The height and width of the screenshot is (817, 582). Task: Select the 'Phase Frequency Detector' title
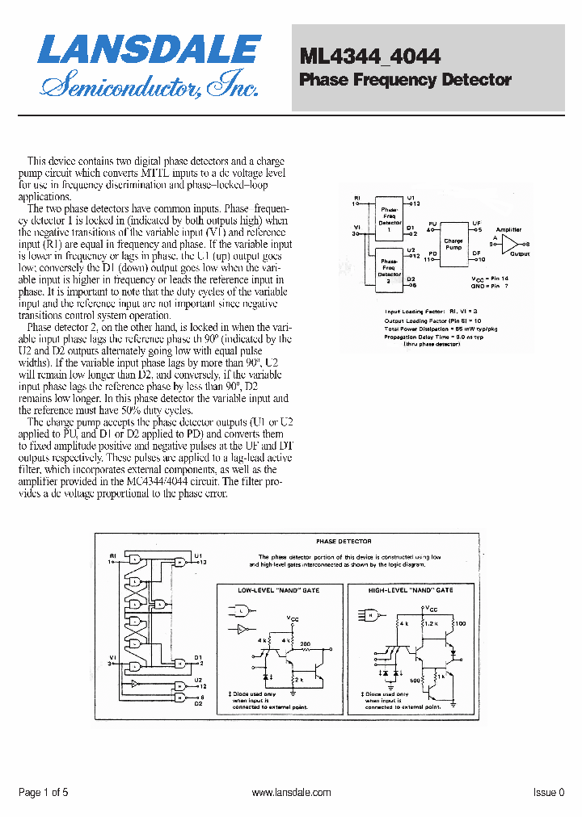click(405, 80)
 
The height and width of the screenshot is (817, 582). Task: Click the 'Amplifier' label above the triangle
click(509, 230)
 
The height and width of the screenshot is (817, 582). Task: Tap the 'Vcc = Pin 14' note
click(491, 278)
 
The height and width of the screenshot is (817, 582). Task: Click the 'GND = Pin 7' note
click(490, 286)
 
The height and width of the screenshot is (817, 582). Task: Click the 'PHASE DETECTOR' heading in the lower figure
click(344, 542)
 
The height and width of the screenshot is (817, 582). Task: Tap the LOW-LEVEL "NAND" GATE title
click(278, 590)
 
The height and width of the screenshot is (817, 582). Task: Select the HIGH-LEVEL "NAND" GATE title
click(411, 590)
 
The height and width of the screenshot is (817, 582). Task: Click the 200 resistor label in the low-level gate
click(305, 643)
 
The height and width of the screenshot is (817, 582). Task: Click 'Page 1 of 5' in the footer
click(43, 793)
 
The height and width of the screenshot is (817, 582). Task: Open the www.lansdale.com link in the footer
click(291, 793)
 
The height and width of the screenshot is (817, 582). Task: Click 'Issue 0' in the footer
click(549, 793)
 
